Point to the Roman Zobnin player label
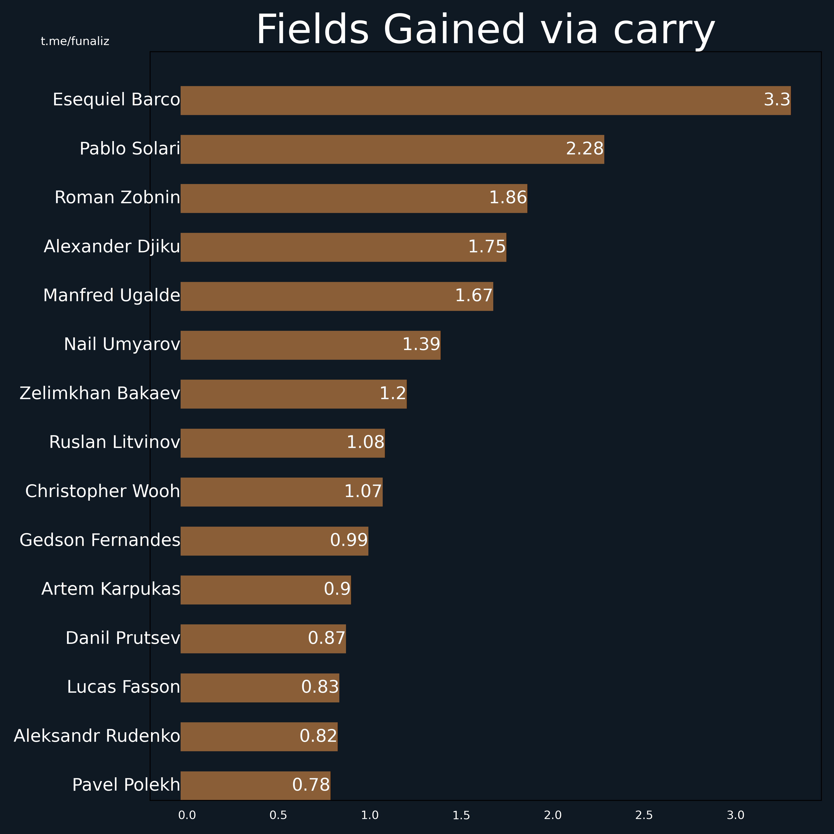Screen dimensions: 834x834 (117, 198)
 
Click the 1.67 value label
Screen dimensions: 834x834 (473, 296)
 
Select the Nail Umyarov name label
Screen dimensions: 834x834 (122, 345)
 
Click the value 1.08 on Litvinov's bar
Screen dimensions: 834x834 (365, 442)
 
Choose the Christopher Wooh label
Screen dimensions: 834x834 (102, 491)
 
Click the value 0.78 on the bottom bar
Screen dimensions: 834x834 (311, 785)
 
